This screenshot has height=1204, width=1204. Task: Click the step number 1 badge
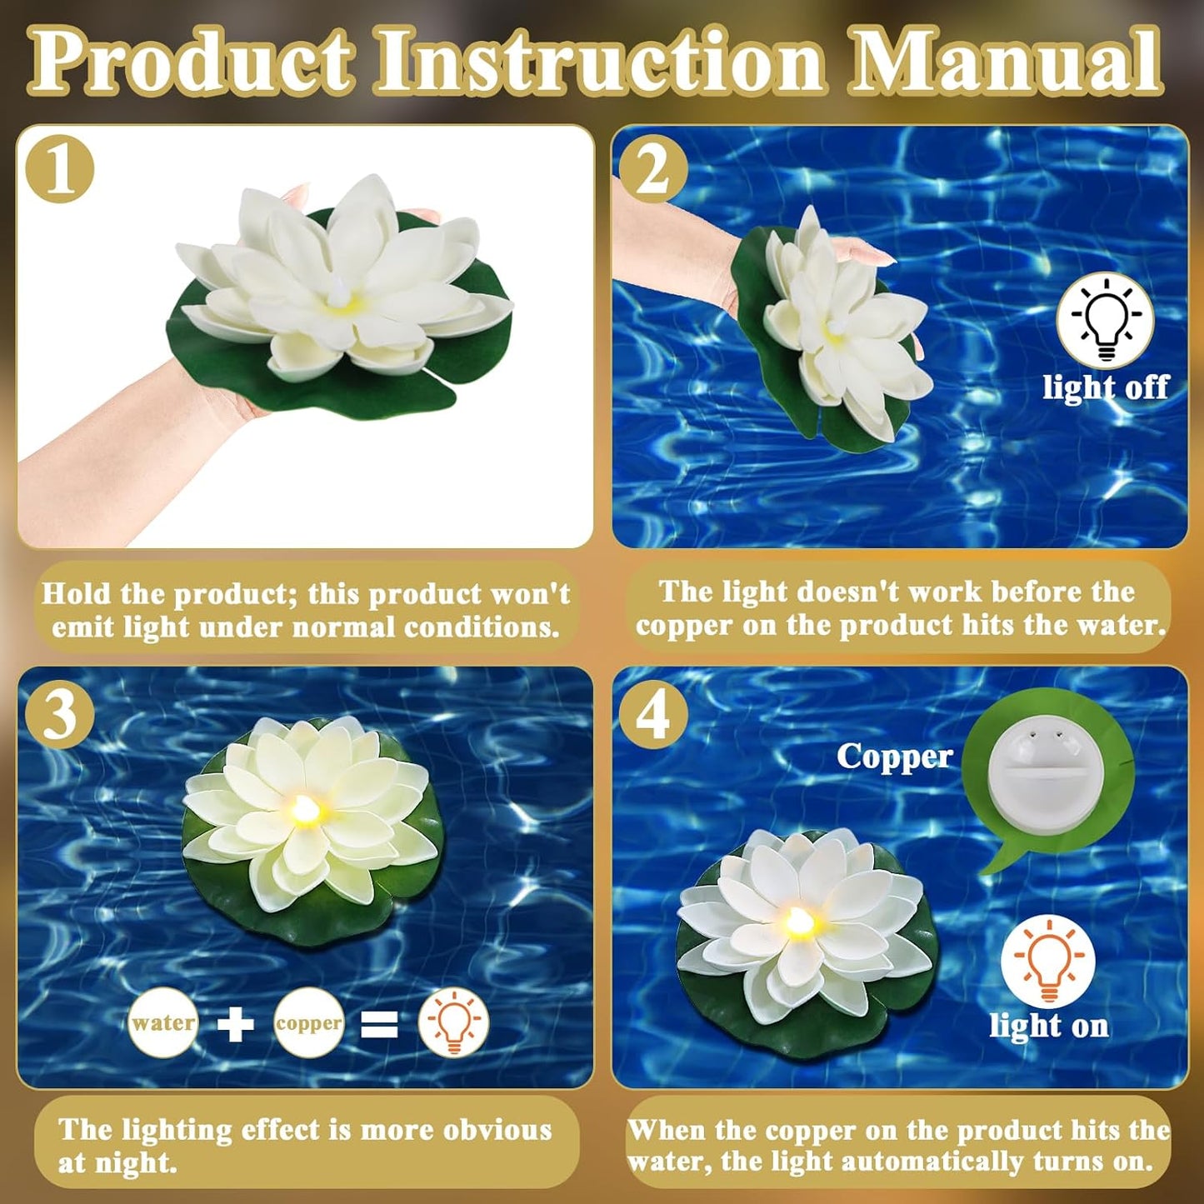click(x=59, y=169)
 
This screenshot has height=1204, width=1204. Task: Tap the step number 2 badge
click(x=653, y=169)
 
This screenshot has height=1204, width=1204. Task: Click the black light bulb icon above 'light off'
click(x=1105, y=320)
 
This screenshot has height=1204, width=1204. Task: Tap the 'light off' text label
click(x=1106, y=387)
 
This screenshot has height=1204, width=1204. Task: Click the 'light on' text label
click(x=1048, y=1026)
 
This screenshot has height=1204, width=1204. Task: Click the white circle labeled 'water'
click(x=163, y=1023)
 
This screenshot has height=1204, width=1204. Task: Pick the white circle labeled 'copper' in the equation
click(x=309, y=1023)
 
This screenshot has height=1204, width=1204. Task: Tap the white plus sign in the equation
click(x=236, y=1024)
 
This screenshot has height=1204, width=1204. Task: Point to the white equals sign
click(x=379, y=1024)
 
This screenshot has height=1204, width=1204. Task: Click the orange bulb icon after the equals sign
click(x=453, y=1022)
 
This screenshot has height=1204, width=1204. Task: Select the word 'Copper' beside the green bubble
click(x=894, y=757)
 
